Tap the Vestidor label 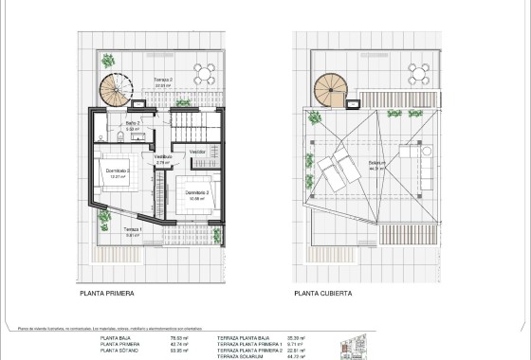pos(198,151)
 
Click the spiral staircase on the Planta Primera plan pos(116,92)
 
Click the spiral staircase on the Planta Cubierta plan pos(333,91)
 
